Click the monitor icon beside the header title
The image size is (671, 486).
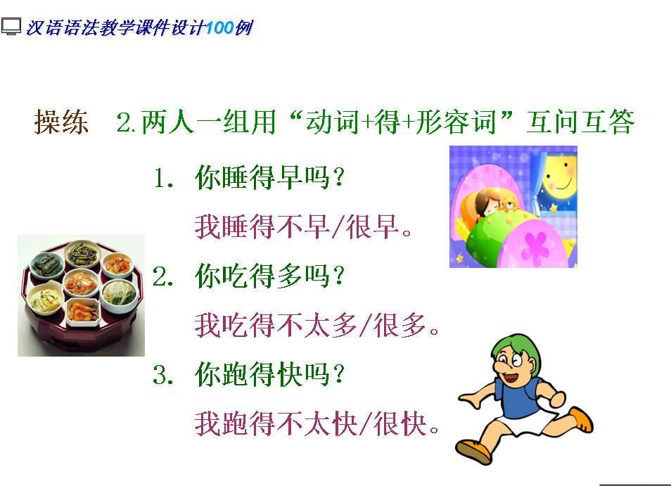11,27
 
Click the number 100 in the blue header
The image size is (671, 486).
219,28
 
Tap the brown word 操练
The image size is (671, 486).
62,122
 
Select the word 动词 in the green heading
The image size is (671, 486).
332,122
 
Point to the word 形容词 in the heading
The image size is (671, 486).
456,122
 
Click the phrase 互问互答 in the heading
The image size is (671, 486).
580,122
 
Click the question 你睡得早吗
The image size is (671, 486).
269,177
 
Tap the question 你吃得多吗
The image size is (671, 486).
269,276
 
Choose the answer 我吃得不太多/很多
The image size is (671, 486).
317,325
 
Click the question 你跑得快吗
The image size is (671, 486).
269,374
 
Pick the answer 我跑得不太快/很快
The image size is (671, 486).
317,423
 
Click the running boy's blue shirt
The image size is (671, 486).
518,398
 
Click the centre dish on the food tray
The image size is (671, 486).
82,283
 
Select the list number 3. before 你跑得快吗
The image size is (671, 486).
163,375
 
